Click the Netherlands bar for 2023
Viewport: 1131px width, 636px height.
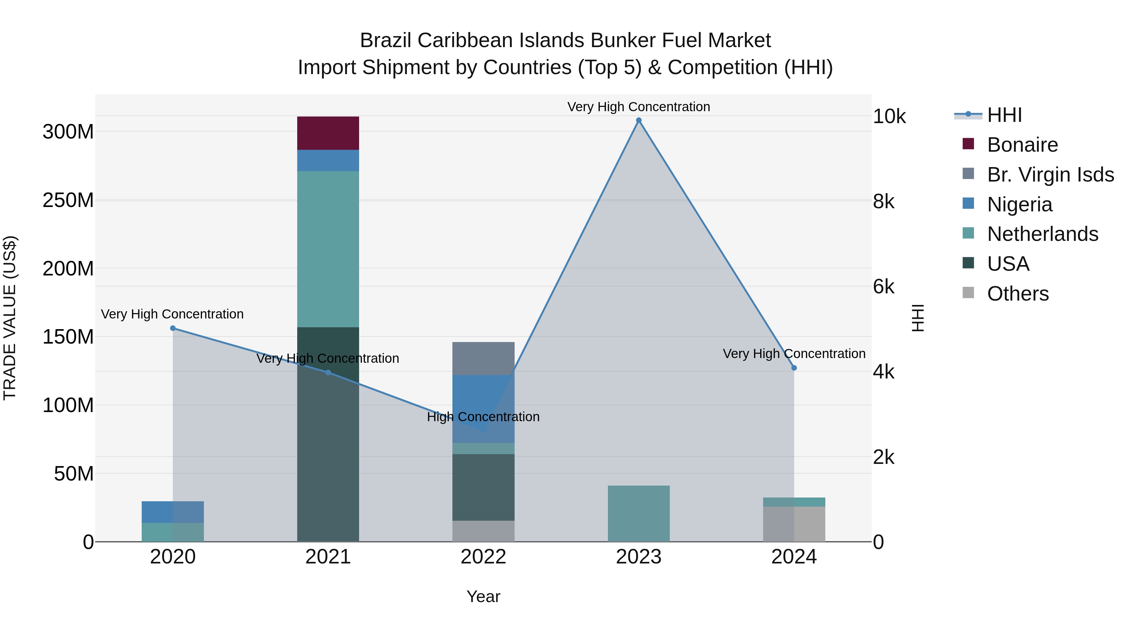(638, 513)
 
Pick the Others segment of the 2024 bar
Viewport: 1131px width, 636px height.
(794, 524)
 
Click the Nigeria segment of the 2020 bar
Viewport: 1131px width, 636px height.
(172, 512)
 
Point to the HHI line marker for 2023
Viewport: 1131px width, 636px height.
(639, 120)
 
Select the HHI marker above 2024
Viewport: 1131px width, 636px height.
(794, 368)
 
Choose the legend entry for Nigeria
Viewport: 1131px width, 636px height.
(1019, 204)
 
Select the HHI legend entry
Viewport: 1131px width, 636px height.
(1004, 116)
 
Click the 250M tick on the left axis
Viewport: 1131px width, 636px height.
(68, 201)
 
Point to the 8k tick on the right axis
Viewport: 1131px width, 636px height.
(883, 202)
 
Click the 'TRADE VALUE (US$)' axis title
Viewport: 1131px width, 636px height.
(10, 318)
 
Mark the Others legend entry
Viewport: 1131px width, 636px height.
(1017, 294)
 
